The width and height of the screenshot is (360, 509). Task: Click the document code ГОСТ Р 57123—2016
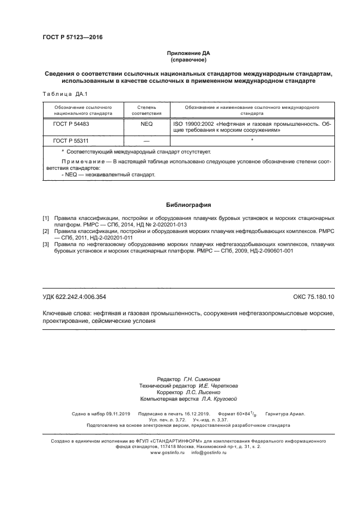tap(72, 37)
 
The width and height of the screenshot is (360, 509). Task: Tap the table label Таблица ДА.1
tap(61, 94)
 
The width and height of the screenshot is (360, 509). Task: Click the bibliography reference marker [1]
tap(46, 218)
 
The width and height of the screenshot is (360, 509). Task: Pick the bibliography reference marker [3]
tap(46, 244)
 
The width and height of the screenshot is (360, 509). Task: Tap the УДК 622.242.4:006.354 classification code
tap(74, 297)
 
